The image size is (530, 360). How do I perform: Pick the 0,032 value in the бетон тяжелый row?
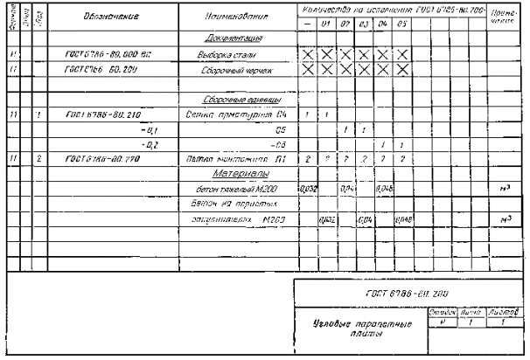(x=307, y=189)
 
